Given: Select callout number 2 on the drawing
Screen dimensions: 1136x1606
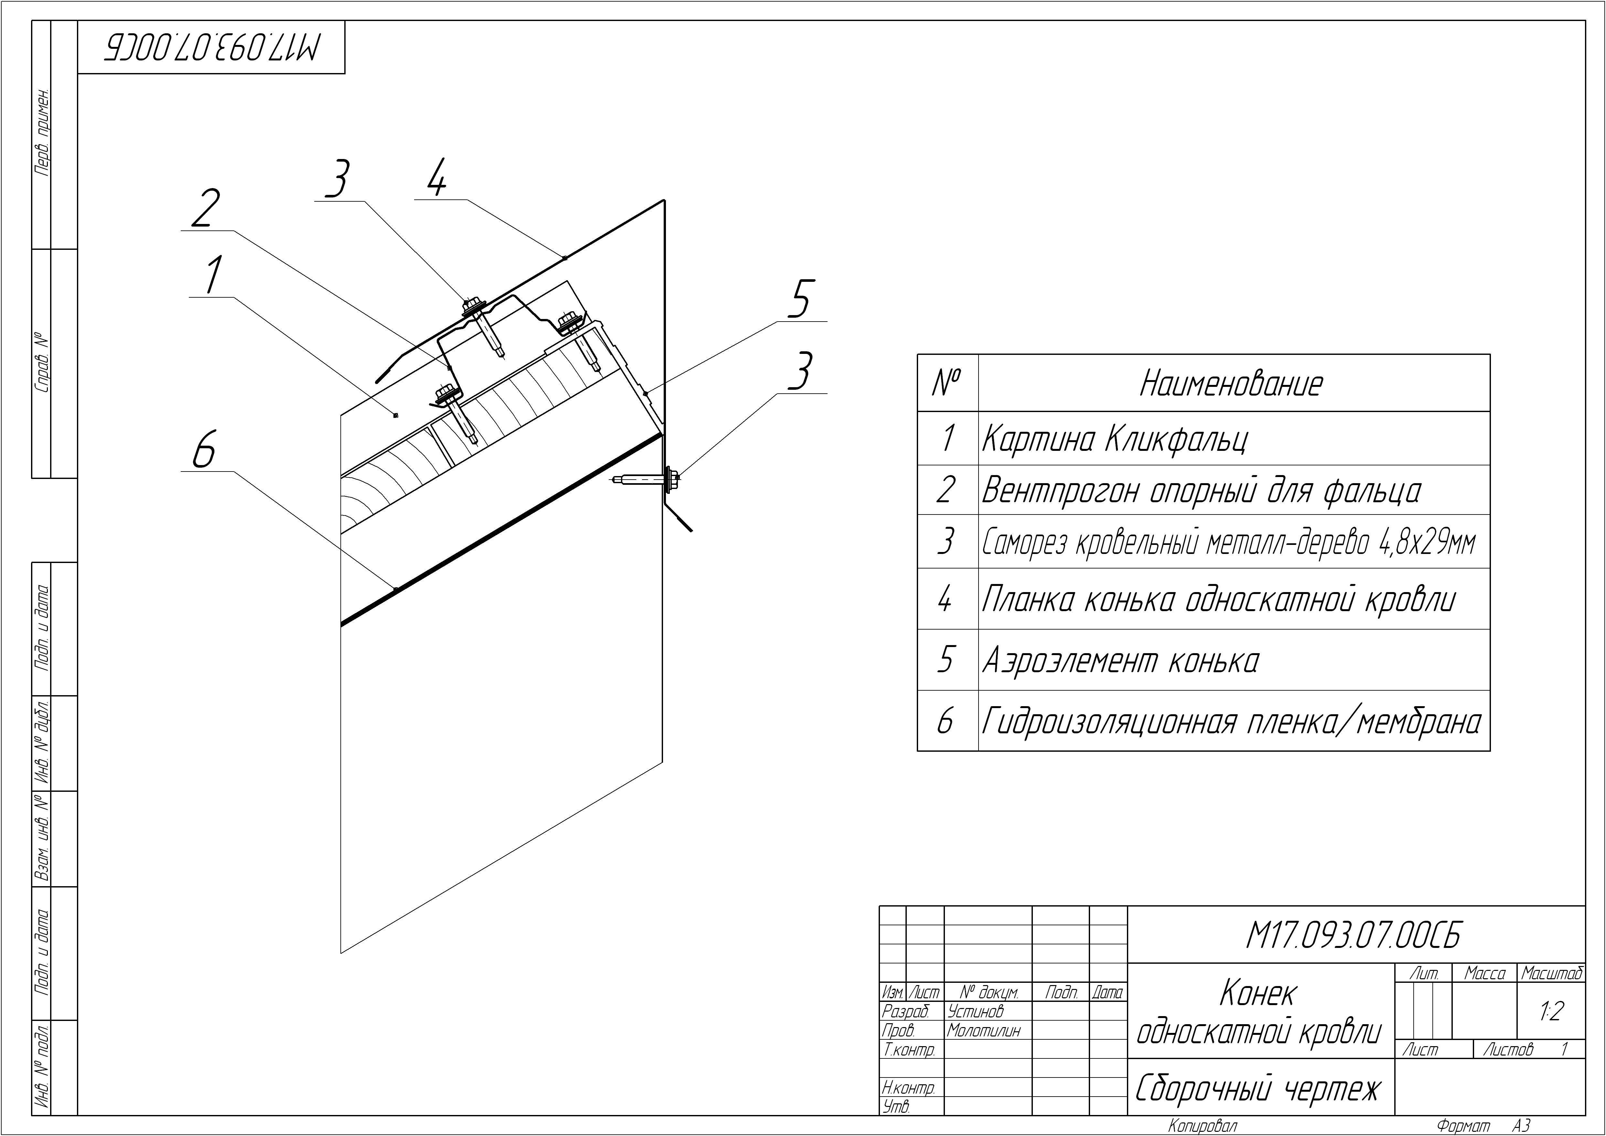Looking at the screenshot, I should pos(204,208).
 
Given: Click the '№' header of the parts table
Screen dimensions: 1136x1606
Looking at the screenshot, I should pos(947,383).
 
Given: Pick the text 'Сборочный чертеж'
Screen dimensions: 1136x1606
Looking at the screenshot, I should pos(1258,1088).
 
